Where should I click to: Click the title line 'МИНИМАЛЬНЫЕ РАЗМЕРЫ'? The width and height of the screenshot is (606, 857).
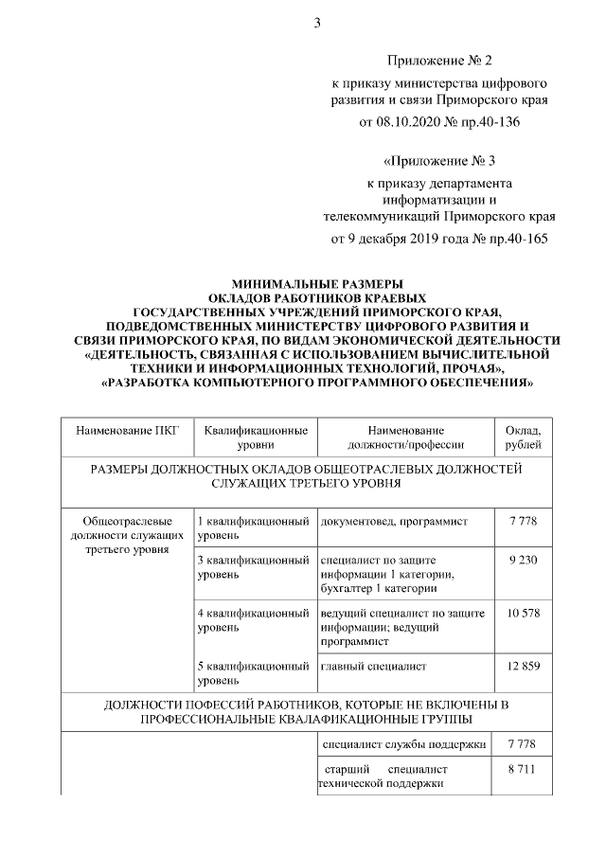tap(317, 283)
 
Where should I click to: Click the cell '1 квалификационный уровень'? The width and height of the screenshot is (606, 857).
tap(254, 528)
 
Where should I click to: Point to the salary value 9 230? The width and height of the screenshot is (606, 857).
tap(524, 560)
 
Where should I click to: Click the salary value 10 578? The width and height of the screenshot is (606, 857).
tap(524, 614)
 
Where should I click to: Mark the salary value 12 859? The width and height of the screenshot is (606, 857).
tap(524, 667)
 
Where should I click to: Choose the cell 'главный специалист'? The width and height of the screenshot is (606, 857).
tap(373, 667)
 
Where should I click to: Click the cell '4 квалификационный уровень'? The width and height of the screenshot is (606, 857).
tap(254, 620)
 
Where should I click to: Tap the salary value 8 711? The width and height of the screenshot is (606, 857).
tap(523, 770)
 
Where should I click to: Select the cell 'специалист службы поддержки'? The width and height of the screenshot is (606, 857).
tap(404, 744)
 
